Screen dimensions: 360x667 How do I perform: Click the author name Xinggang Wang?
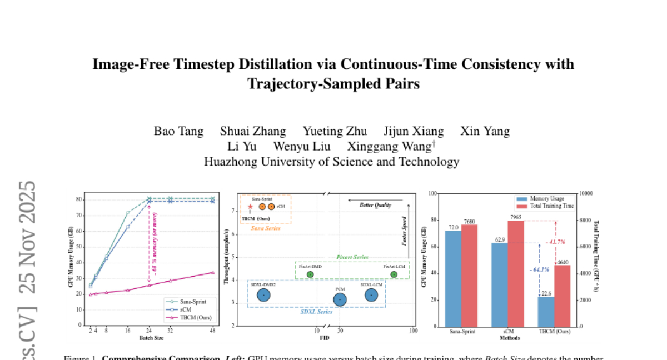(389, 147)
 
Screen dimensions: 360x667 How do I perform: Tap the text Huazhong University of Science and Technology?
(331, 162)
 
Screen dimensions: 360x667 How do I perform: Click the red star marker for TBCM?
(250, 207)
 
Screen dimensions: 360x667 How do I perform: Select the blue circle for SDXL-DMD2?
(263, 296)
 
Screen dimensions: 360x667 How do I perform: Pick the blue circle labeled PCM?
(340, 300)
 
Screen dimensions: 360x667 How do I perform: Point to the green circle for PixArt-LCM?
(394, 274)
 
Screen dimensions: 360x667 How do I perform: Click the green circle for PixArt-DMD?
(310, 274)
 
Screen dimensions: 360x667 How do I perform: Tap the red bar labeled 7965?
(516, 273)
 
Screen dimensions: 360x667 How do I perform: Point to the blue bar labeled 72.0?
(453, 278)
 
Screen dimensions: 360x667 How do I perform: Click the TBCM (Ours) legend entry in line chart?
(191, 318)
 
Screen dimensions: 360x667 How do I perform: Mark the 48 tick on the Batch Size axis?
(212, 331)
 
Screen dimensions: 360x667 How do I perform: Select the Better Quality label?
(375, 205)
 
